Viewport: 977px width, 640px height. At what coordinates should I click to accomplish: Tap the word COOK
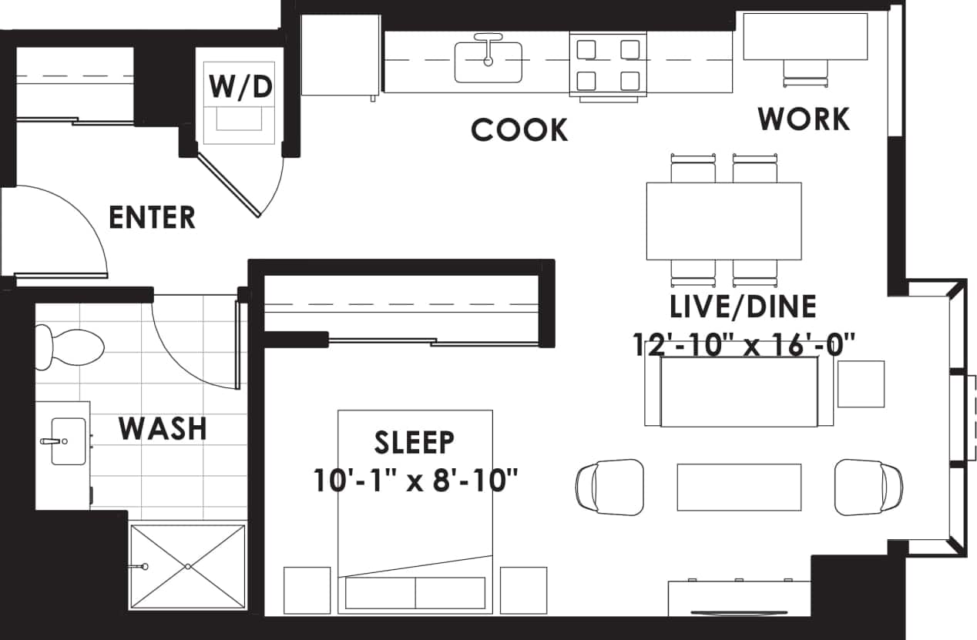(519, 130)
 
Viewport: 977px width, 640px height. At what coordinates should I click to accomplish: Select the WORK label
(804, 119)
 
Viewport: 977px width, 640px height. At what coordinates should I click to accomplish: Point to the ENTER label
(152, 217)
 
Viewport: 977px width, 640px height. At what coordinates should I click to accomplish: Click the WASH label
(163, 427)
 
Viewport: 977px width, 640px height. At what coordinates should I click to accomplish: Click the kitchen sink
(488, 62)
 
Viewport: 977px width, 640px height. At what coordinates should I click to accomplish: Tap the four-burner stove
(608, 65)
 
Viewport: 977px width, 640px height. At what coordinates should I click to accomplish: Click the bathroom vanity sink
(68, 441)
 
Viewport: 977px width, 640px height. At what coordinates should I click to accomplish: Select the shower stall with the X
(187, 566)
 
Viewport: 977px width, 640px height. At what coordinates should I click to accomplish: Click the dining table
(724, 221)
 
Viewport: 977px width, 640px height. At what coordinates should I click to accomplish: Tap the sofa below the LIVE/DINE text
(739, 392)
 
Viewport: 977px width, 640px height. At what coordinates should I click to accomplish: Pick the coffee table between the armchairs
(739, 486)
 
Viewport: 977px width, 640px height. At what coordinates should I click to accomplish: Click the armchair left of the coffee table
(609, 486)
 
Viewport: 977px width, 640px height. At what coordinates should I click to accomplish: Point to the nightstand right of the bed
(523, 590)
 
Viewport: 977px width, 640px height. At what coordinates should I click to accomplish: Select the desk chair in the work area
(806, 72)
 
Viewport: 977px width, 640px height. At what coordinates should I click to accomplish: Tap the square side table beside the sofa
(861, 384)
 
